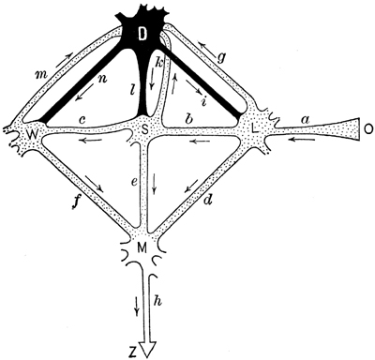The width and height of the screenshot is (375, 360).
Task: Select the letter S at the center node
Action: point(144,127)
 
